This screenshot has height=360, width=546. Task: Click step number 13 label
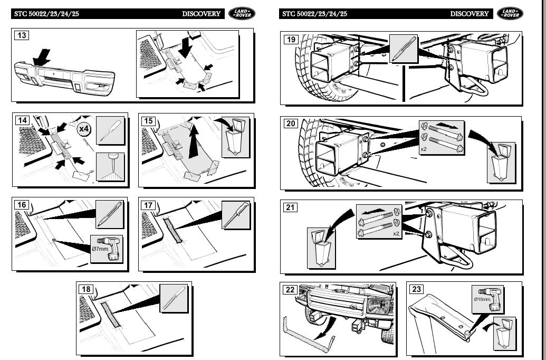(x=22, y=35)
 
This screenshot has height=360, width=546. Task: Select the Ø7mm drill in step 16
(x=109, y=249)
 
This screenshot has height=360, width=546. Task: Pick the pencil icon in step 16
(x=109, y=215)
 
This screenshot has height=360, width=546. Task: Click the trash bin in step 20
(x=501, y=160)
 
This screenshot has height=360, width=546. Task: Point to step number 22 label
(x=290, y=289)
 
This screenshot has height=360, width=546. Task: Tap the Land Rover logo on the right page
(x=510, y=14)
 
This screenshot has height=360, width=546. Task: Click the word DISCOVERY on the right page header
(x=469, y=14)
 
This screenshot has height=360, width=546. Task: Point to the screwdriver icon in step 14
(x=110, y=131)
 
